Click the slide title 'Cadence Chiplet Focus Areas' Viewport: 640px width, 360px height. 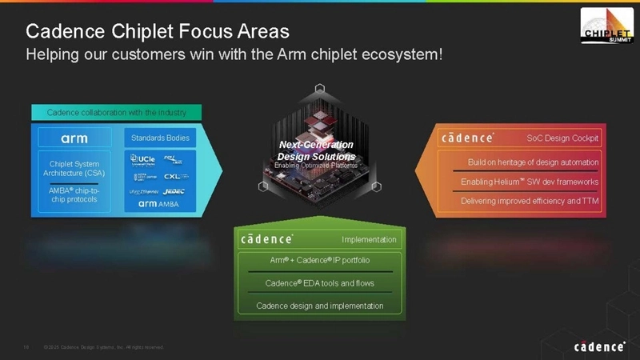[x=158, y=31]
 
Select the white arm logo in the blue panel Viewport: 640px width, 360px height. [x=74, y=138]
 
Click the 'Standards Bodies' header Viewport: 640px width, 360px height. [x=160, y=138]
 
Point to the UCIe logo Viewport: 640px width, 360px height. [x=144, y=158]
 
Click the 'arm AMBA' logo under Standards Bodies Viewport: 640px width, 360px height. [x=160, y=205]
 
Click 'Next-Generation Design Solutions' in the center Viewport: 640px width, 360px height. [x=316, y=150]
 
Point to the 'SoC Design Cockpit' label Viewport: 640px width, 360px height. [x=562, y=138]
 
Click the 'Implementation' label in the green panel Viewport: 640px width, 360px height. [x=368, y=239]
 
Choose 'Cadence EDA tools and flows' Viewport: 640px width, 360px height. [x=319, y=283]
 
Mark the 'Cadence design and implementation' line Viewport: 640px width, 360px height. [x=319, y=305]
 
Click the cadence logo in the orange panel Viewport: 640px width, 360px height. [x=468, y=138]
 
